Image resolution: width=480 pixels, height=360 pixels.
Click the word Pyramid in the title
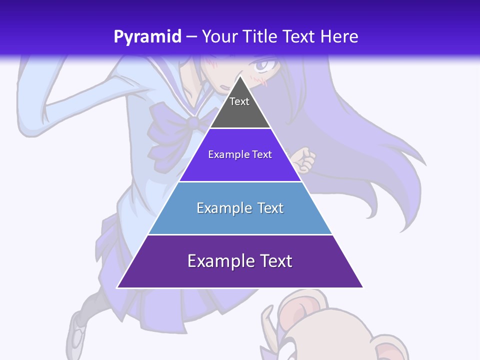[147, 37]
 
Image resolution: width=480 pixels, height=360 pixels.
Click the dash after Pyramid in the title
[191, 37]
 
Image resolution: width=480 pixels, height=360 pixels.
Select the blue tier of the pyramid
[240, 220]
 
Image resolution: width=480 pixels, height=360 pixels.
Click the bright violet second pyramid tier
[240, 167]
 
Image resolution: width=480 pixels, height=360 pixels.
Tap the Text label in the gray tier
[239, 101]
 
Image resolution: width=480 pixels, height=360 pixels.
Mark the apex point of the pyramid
[240, 76]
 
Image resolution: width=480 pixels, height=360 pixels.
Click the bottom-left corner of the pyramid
[117, 287]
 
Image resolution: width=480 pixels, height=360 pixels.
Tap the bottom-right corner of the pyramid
[362, 287]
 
